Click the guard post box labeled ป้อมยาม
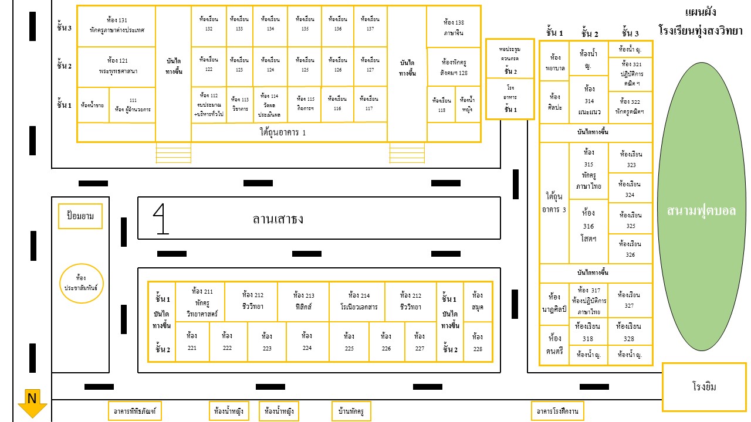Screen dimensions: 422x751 point(80,216)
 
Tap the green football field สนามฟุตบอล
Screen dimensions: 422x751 point(701,211)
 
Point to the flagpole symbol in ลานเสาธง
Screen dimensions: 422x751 point(161,219)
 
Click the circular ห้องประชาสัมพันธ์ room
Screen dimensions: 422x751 point(82,283)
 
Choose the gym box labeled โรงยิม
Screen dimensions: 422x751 point(704,387)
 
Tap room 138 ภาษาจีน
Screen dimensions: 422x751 point(454,27)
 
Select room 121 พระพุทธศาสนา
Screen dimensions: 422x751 point(117,66)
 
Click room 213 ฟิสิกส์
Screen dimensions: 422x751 point(303,301)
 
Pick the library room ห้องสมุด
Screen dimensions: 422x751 point(478,301)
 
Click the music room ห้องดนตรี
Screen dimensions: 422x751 point(554,344)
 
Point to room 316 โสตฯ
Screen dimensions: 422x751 point(588,226)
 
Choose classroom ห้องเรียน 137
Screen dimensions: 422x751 point(370,25)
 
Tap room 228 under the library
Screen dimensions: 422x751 point(478,342)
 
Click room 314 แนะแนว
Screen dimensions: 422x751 point(589,100)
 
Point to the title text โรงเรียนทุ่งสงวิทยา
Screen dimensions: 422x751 point(701,29)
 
